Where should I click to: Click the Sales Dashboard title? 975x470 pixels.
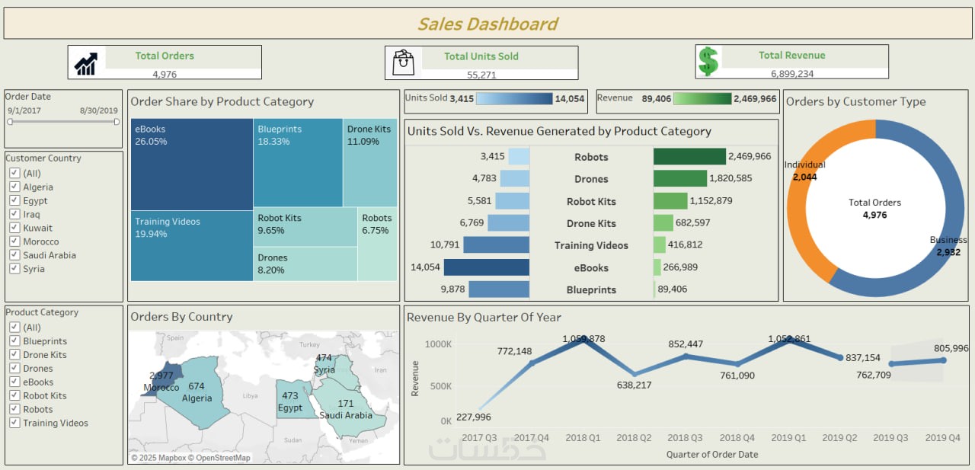coord(487,24)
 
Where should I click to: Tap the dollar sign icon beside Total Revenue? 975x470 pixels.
coord(708,62)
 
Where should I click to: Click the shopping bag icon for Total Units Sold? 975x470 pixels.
coord(403,62)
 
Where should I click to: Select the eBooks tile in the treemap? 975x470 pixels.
coord(191,164)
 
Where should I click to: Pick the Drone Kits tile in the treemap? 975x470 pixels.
coord(369,161)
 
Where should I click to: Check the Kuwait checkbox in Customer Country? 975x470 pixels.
coord(14,228)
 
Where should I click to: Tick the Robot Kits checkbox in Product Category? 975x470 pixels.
coord(14,395)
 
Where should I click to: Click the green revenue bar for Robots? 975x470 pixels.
coord(689,157)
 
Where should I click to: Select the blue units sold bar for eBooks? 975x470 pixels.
coord(486,267)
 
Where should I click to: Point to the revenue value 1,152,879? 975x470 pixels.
coord(712,201)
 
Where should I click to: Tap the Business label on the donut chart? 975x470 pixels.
coord(948,240)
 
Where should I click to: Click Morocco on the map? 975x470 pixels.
coord(168,378)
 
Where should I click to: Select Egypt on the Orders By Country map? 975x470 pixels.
coord(290,399)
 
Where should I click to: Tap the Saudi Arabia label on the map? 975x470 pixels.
coord(347,415)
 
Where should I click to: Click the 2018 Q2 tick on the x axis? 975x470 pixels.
coord(633,438)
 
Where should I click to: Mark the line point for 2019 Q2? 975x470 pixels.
coord(840,357)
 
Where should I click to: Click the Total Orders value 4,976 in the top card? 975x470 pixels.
coord(165,74)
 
